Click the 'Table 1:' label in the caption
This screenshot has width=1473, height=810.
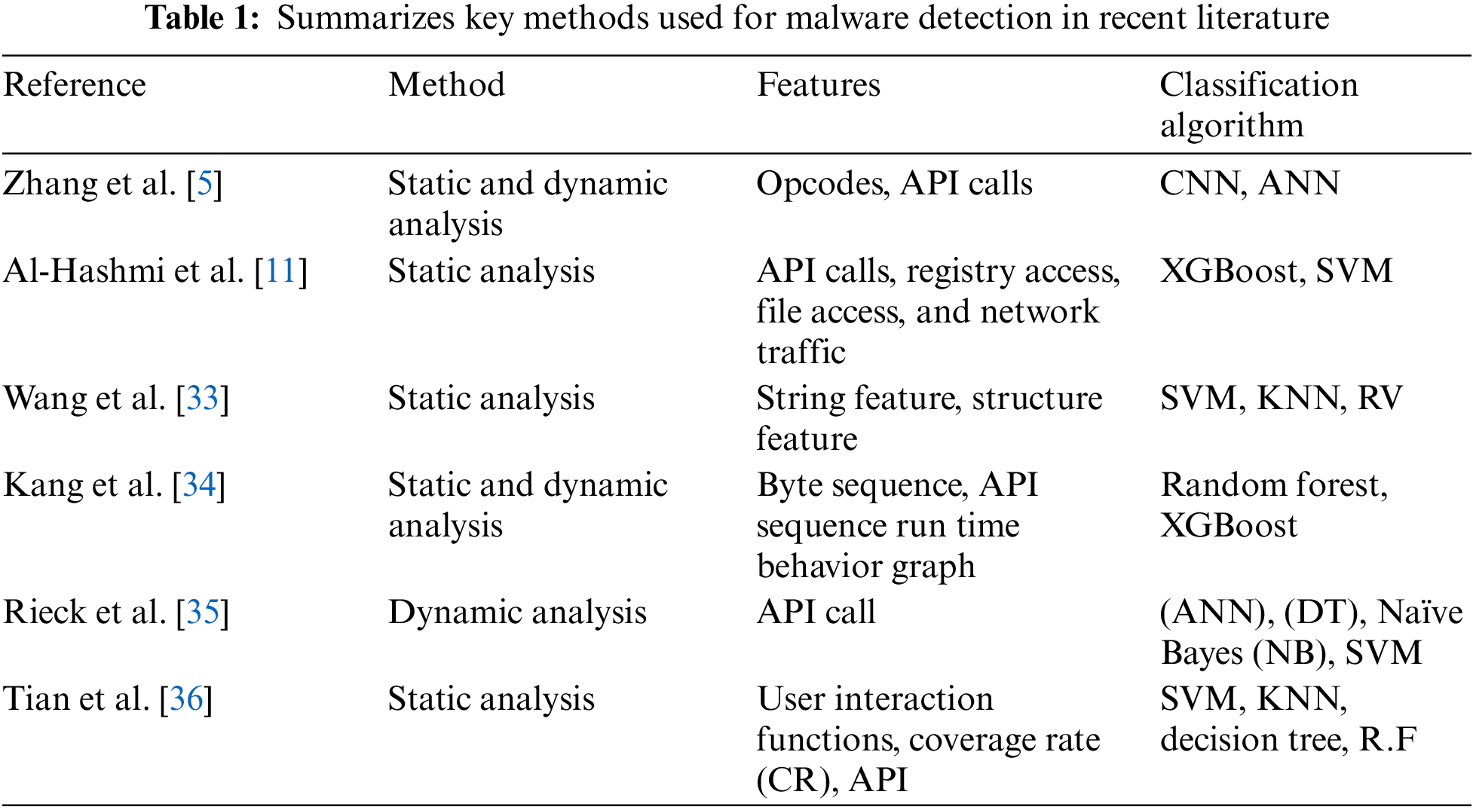coord(202,18)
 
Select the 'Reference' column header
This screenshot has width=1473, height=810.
coord(75,84)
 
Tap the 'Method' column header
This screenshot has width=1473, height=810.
coord(446,84)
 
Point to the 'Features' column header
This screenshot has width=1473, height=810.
coord(818,84)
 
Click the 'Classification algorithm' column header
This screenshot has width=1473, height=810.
coord(1258,104)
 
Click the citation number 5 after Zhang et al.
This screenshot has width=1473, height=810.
coord(204,184)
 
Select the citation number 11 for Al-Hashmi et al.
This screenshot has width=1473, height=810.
coord(280,271)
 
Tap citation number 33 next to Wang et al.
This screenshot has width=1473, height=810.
coord(202,399)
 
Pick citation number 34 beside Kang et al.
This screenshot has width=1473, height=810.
coord(199,485)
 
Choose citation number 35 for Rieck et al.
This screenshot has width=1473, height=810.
coord(202,613)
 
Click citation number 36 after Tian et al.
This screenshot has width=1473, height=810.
coord(186,699)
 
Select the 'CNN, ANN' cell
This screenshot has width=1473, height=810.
coord(1249,184)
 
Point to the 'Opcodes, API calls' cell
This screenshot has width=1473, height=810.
coord(894,184)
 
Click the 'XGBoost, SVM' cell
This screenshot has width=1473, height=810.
coord(1275,271)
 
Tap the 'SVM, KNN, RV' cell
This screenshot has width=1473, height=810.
coord(1281,399)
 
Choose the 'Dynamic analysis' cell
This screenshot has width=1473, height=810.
coord(517,613)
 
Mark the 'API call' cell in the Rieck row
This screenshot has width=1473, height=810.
coord(816,613)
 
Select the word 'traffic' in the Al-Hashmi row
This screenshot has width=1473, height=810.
coord(801,353)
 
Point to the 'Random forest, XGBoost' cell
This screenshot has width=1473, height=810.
coord(1273,505)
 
